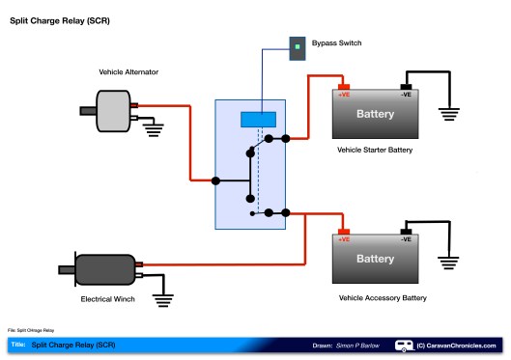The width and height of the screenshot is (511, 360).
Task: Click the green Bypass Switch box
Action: pyautogui.click(x=297, y=45)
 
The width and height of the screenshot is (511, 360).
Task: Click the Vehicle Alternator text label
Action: pyautogui.click(x=128, y=72)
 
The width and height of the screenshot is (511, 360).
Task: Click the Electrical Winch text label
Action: pyautogui.click(x=109, y=299)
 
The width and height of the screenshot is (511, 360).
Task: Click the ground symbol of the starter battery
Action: pyautogui.click(x=448, y=114)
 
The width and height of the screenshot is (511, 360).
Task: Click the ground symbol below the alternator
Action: pyautogui.click(x=153, y=129)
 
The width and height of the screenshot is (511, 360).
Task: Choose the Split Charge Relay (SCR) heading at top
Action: pyautogui.click(x=59, y=18)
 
